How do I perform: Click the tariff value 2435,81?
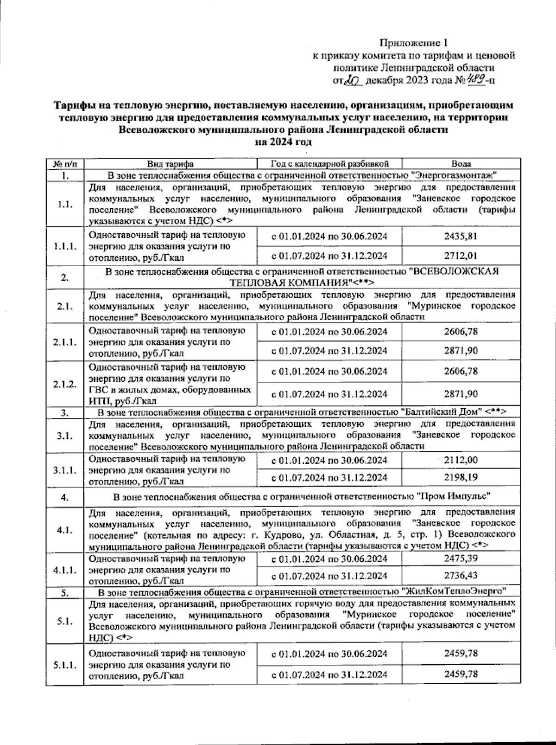(461, 236)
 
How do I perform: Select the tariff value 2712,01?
(461, 255)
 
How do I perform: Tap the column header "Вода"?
(461, 164)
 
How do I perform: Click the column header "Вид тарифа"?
(170, 164)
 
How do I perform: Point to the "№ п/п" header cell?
(65, 164)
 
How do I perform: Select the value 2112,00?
(461, 460)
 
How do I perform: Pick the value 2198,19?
(461, 477)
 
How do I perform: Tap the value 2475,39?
(461, 559)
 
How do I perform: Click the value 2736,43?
(461, 576)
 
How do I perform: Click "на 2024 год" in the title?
(283, 142)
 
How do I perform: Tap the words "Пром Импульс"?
(453, 496)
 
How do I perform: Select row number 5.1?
(65, 622)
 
